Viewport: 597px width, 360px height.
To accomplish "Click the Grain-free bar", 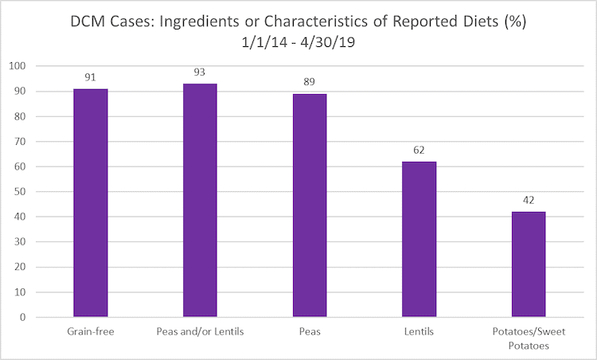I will coord(91,202).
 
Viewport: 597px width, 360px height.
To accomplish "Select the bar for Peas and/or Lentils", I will coord(200,200).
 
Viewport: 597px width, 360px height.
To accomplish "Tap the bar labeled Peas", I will coord(310,205).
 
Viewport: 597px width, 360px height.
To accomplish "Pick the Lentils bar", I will coord(419,239).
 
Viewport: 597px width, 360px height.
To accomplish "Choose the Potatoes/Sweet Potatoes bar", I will coord(528,264).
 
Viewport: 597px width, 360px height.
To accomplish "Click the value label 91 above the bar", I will coord(91,78).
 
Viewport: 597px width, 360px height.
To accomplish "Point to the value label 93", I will coord(200,72).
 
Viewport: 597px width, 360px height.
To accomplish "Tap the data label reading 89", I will coord(310,83).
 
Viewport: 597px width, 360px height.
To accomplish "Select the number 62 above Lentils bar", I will coord(419,151).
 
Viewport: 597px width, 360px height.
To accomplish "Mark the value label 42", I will coord(528,201).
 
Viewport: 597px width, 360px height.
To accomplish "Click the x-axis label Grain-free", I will coord(91,331).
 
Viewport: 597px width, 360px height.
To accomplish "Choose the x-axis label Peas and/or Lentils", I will coord(200,331).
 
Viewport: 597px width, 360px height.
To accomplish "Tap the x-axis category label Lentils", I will coord(419,331).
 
